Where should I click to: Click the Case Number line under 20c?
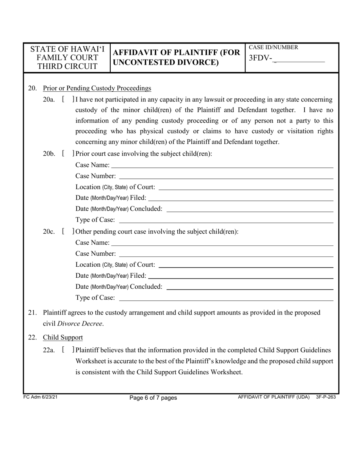pyautogui.click(x=226, y=253)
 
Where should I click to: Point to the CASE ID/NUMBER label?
pyautogui.click(x=273, y=48)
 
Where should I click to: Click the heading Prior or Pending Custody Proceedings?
pyautogui.click(x=97, y=88)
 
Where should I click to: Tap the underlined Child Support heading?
pyautogui.click(x=63, y=337)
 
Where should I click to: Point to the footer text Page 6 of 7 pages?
pyautogui.click(x=153, y=398)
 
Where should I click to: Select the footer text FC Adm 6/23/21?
pyautogui.click(x=41, y=397)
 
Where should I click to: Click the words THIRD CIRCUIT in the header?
pyautogui.click(x=67, y=67)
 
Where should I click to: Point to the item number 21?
pyautogui.click(x=33, y=313)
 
